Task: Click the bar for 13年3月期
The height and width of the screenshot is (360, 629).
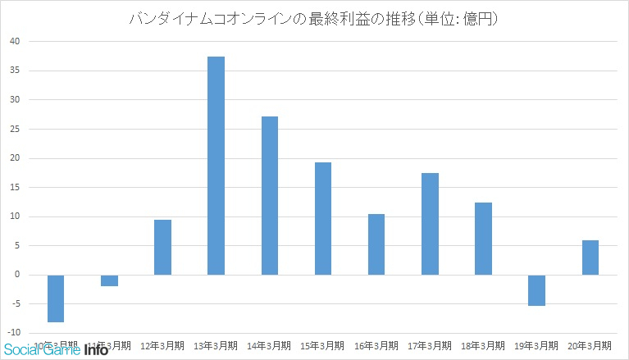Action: point(216,166)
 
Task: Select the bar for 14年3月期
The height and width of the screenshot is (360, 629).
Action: point(269,195)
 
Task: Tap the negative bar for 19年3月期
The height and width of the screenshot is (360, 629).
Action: point(536,290)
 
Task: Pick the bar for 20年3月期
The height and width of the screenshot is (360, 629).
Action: point(590,257)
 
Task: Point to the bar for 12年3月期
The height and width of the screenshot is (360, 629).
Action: point(162,247)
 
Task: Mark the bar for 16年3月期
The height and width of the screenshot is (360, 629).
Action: point(376,244)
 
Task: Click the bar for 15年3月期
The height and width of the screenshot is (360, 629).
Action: point(323,218)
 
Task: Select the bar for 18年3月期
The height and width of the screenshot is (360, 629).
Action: point(483,239)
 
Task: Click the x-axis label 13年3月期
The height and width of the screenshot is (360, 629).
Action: point(216,345)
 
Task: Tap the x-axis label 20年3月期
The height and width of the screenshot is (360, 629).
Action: point(590,345)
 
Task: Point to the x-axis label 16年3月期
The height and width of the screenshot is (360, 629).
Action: point(376,345)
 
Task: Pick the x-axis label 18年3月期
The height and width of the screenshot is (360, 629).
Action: point(483,345)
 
